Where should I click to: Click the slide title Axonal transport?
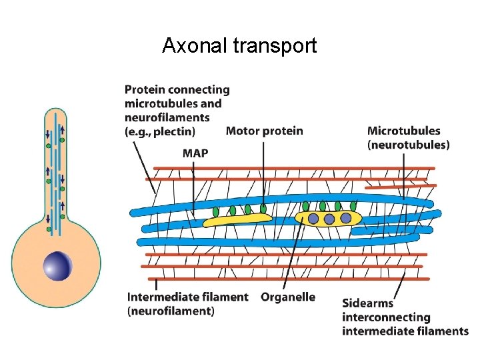(239, 46)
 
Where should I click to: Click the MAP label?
(195, 153)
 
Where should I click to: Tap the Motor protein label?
(264, 131)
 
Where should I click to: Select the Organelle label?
(288, 297)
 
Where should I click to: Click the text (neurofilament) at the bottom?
(171, 311)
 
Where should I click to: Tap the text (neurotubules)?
(408, 144)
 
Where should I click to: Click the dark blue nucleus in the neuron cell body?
(57, 266)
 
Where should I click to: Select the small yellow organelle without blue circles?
(237, 218)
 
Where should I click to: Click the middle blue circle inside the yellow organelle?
(329, 219)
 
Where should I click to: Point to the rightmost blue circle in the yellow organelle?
(345, 217)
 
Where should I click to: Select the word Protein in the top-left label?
(145, 89)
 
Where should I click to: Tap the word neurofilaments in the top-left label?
(167, 117)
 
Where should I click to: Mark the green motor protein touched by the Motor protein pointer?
(263, 208)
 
